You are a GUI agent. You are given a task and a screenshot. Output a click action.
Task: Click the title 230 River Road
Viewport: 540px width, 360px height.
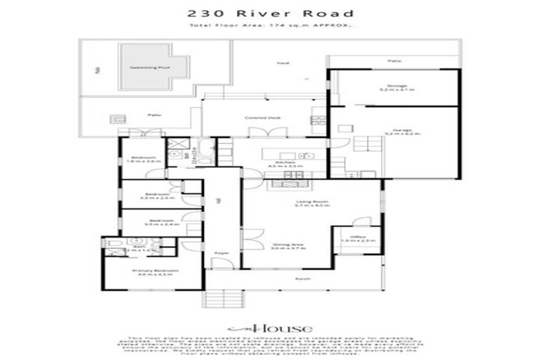[x=270, y=13]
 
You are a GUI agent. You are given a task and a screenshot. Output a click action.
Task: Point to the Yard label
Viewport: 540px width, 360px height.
[x=284, y=63]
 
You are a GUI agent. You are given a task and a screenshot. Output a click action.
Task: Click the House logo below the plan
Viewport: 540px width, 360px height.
[x=269, y=328]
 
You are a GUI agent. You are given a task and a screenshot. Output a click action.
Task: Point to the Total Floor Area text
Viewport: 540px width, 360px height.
[x=270, y=26]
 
